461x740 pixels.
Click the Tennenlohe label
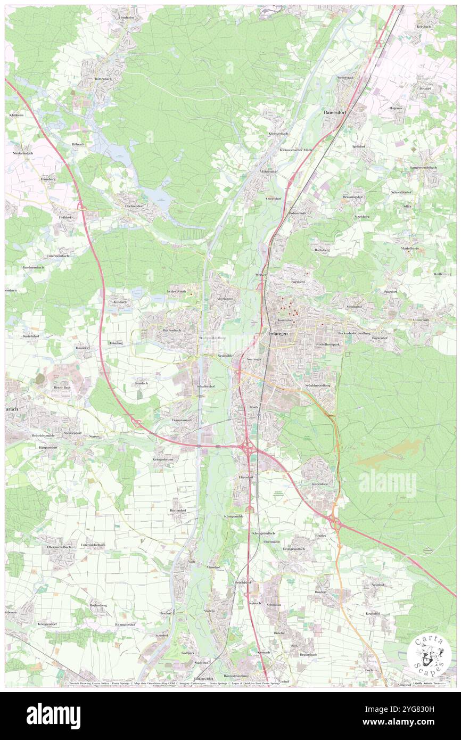pyautogui.click(x=321, y=484)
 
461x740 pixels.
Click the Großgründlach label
pyautogui.click(x=295, y=548)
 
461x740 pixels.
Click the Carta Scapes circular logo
pyautogui.click(x=429, y=654)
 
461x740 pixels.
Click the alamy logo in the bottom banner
pyautogui.click(x=53, y=715)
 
